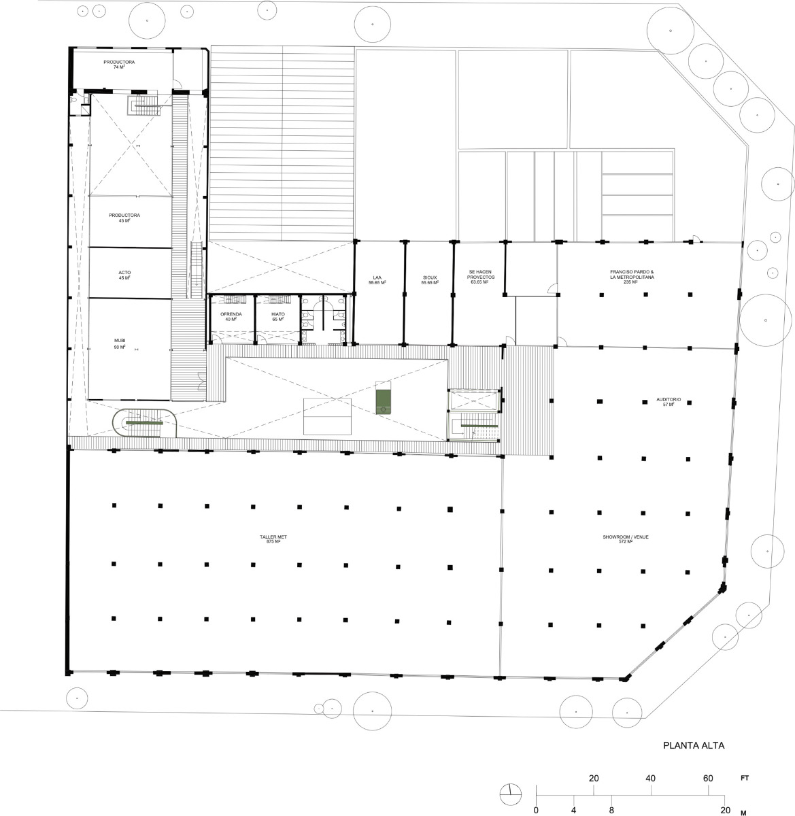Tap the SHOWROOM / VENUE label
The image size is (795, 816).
pyautogui.click(x=625, y=539)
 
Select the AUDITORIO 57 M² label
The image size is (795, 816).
pyautogui.click(x=664, y=403)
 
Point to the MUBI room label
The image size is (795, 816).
pyautogui.click(x=120, y=344)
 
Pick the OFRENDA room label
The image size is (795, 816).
pyautogui.click(x=231, y=316)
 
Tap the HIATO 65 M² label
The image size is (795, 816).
pyautogui.click(x=277, y=316)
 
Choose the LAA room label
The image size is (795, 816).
pyautogui.click(x=377, y=279)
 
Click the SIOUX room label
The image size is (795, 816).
pyautogui.click(x=429, y=279)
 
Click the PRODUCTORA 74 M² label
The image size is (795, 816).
pyautogui.click(x=119, y=65)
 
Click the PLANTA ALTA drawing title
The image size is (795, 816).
pyautogui.click(x=694, y=745)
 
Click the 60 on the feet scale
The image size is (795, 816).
pyautogui.click(x=708, y=779)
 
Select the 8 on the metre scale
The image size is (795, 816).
pyautogui.click(x=612, y=810)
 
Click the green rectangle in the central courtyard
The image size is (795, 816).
pyautogui.click(x=385, y=398)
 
